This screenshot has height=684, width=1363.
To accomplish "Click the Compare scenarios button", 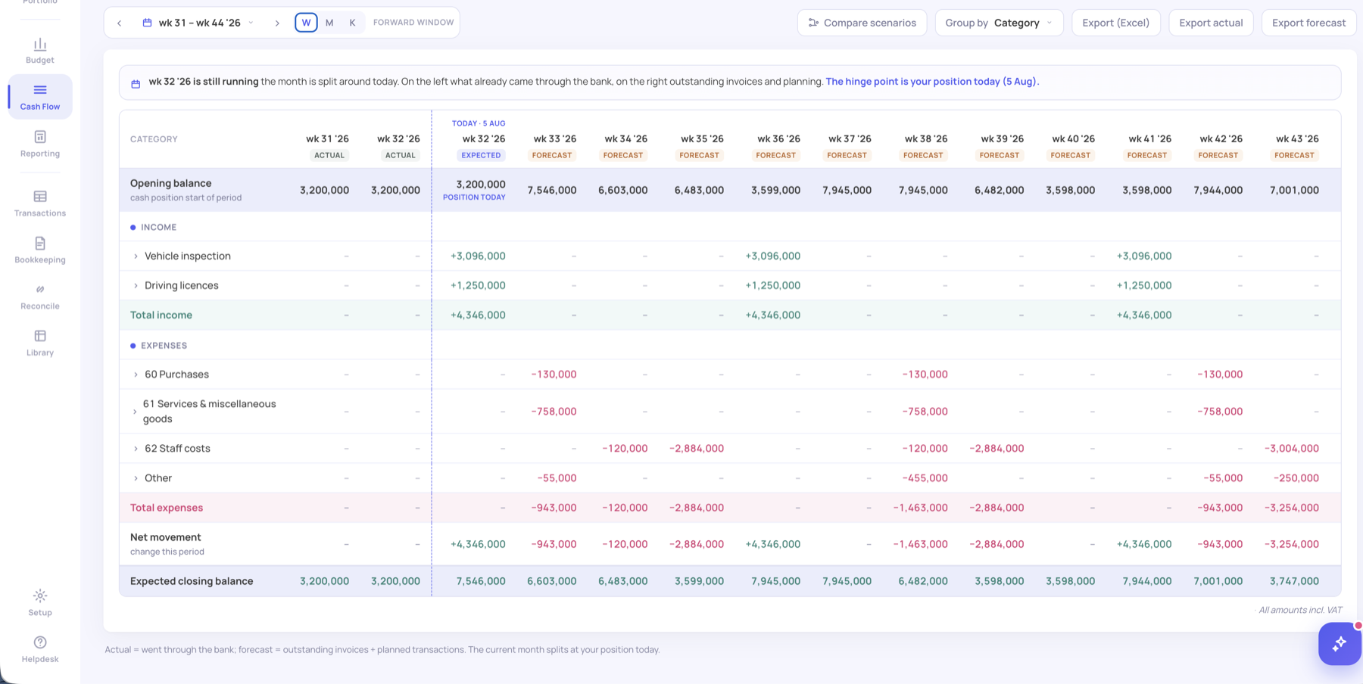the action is (862, 23).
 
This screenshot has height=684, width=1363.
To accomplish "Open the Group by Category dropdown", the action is (999, 23).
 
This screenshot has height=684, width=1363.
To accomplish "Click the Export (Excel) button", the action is (1115, 23).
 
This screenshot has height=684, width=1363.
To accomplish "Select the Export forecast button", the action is (1308, 23).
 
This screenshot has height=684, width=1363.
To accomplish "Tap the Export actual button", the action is (1211, 23).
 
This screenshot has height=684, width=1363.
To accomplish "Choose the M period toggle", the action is (329, 23).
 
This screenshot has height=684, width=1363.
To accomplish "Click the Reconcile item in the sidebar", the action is (40, 297).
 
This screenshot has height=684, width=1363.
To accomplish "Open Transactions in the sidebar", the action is (40, 204).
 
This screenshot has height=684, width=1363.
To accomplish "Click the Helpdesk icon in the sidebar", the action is (40, 642).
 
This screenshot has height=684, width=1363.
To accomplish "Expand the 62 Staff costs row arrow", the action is (136, 449).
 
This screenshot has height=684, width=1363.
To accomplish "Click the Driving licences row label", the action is (182, 285).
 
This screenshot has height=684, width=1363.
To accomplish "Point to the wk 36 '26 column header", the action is (778, 139).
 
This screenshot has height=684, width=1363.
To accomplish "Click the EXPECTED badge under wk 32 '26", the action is (481, 155).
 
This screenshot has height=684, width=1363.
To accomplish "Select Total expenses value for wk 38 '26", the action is (920, 508).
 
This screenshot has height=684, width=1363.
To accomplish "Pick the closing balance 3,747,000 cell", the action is (1294, 581).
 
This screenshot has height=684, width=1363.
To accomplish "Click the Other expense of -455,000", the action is (925, 478).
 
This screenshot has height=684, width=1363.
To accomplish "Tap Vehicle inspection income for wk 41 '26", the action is (1144, 256).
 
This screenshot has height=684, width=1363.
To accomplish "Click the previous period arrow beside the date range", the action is (120, 23).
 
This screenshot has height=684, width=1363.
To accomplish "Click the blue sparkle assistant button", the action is (1340, 644).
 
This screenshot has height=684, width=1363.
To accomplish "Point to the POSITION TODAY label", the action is (474, 197).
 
